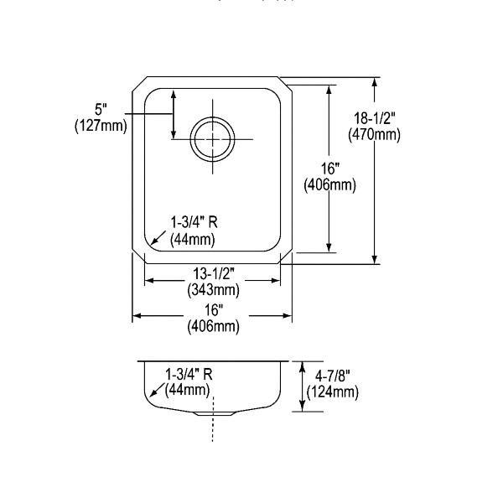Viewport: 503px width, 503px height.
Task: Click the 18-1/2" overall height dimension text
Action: coord(375,118)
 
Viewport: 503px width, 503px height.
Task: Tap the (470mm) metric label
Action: coord(375,134)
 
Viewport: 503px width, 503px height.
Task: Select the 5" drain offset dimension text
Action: coord(101,110)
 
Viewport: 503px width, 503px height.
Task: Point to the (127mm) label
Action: coord(101,126)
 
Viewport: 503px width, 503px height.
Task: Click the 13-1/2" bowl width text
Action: coord(213,273)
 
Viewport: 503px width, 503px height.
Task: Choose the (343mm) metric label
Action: coord(213,290)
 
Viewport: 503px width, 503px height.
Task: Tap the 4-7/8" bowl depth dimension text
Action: coord(332,376)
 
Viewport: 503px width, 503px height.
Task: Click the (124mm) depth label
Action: coord(332,392)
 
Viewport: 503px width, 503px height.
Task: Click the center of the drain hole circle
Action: coord(212,139)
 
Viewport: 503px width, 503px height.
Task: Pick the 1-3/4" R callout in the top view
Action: coord(194,222)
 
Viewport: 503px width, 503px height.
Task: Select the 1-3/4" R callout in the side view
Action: coord(189,374)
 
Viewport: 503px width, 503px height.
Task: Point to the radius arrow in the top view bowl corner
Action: coord(158,238)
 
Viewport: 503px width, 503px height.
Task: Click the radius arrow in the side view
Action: coord(158,390)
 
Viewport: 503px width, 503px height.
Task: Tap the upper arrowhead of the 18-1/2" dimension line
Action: coord(375,82)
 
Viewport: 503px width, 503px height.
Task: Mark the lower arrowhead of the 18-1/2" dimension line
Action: coord(375,260)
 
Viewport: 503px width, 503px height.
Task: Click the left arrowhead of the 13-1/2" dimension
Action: coord(149,281)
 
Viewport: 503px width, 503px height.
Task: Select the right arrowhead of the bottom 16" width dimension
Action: coord(288,316)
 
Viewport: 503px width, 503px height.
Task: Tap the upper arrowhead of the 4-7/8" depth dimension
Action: coord(302,366)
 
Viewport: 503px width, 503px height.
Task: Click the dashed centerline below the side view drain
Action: coord(213,419)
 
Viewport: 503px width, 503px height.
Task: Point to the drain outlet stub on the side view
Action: coord(215,414)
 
